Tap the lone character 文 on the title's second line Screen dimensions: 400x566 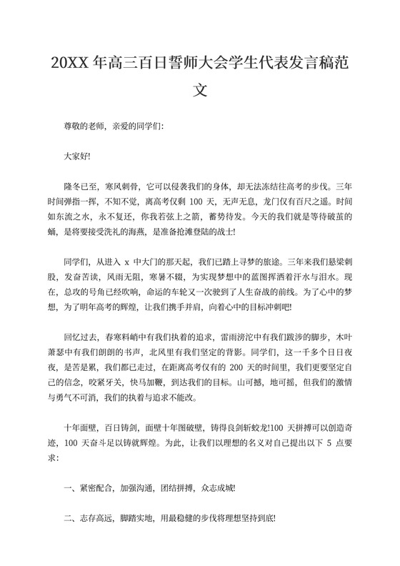(x=201, y=91)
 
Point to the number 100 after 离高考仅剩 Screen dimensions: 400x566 (x=199, y=202)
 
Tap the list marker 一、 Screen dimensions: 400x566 (x=70, y=489)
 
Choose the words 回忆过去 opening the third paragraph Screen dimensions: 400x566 (x=81, y=335)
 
